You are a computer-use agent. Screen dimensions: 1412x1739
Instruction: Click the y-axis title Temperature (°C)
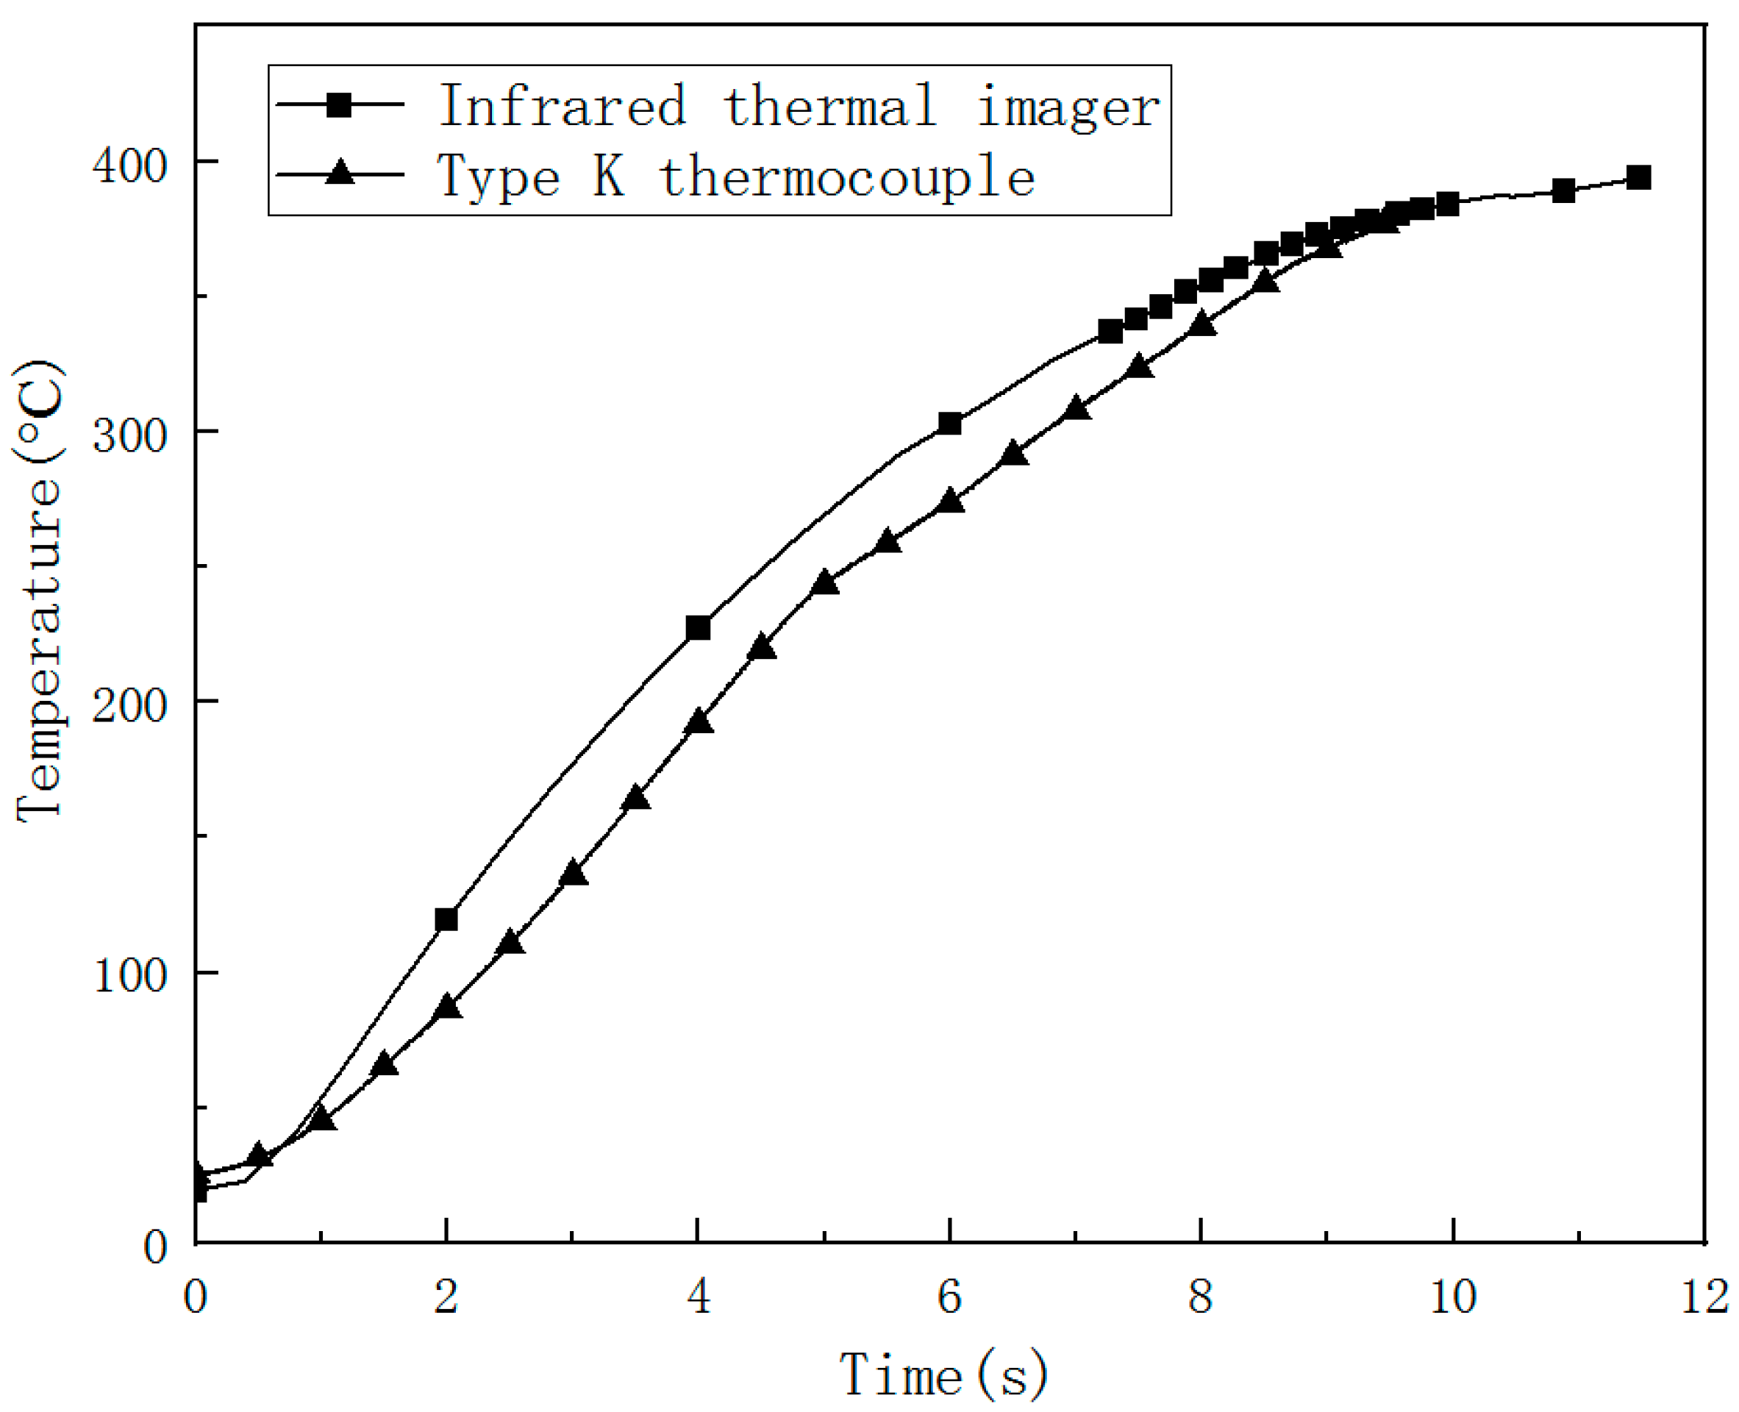click(38, 591)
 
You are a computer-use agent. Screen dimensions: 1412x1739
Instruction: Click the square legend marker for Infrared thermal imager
click(339, 105)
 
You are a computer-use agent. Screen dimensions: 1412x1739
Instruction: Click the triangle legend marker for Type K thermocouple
click(339, 174)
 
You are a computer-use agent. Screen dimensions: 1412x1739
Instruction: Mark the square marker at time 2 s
click(446, 920)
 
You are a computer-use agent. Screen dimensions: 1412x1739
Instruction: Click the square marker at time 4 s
click(698, 628)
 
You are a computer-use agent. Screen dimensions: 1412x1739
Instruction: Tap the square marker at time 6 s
click(949, 424)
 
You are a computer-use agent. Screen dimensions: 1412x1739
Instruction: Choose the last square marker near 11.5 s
click(1639, 177)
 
